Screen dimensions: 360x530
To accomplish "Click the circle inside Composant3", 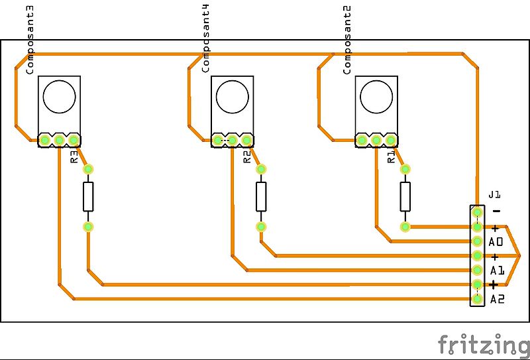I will [x=60, y=96].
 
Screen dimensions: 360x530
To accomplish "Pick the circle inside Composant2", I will [x=376, y=96].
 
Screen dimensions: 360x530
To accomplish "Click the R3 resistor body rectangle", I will [x=88, y=197].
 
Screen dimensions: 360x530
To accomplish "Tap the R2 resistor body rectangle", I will [x=261, y=197].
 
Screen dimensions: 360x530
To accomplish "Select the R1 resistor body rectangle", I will [x=405, y=197].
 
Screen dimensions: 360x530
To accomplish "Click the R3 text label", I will [x=74, y=157].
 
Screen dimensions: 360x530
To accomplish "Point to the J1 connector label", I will [x=494, y=195].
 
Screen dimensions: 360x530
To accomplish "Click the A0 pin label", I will [x=496, y=242].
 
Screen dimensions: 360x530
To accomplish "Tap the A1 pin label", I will [x=497, y=270].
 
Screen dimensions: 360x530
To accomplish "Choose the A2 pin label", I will [x=497, y=300].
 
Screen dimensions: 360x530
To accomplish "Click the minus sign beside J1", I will [x=496, y=211].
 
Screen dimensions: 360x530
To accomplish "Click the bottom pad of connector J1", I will [x=477, y=299].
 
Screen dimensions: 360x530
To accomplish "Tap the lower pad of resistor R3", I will [x=88, y=227].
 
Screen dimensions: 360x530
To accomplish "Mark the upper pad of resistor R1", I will [x=405, y=169].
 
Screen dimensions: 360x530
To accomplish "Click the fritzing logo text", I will [x=483, y=345].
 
